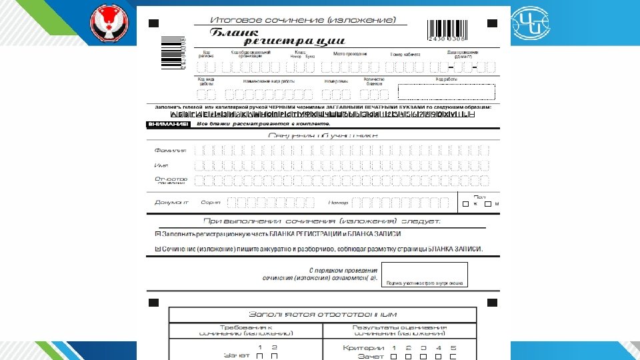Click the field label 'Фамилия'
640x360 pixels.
click(x=170, y=151)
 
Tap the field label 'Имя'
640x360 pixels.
click(x=161, y=165)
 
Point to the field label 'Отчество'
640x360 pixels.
click(x=171, y=179)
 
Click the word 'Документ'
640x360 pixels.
click(x=171, y=202)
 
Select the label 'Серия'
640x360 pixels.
click(x=211, y=202)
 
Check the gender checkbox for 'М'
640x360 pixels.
click(x=488, y=203)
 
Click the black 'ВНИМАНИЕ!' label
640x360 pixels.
click(x=167, y=125)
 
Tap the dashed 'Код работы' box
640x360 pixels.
click(x=446, y=93)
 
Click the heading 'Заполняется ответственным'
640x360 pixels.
click(x=323, y=314)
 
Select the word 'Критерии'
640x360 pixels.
click(x=363, y=348)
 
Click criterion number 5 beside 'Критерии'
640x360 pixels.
click(x=453, y=348)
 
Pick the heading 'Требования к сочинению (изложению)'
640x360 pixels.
click(x=246, y=330)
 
